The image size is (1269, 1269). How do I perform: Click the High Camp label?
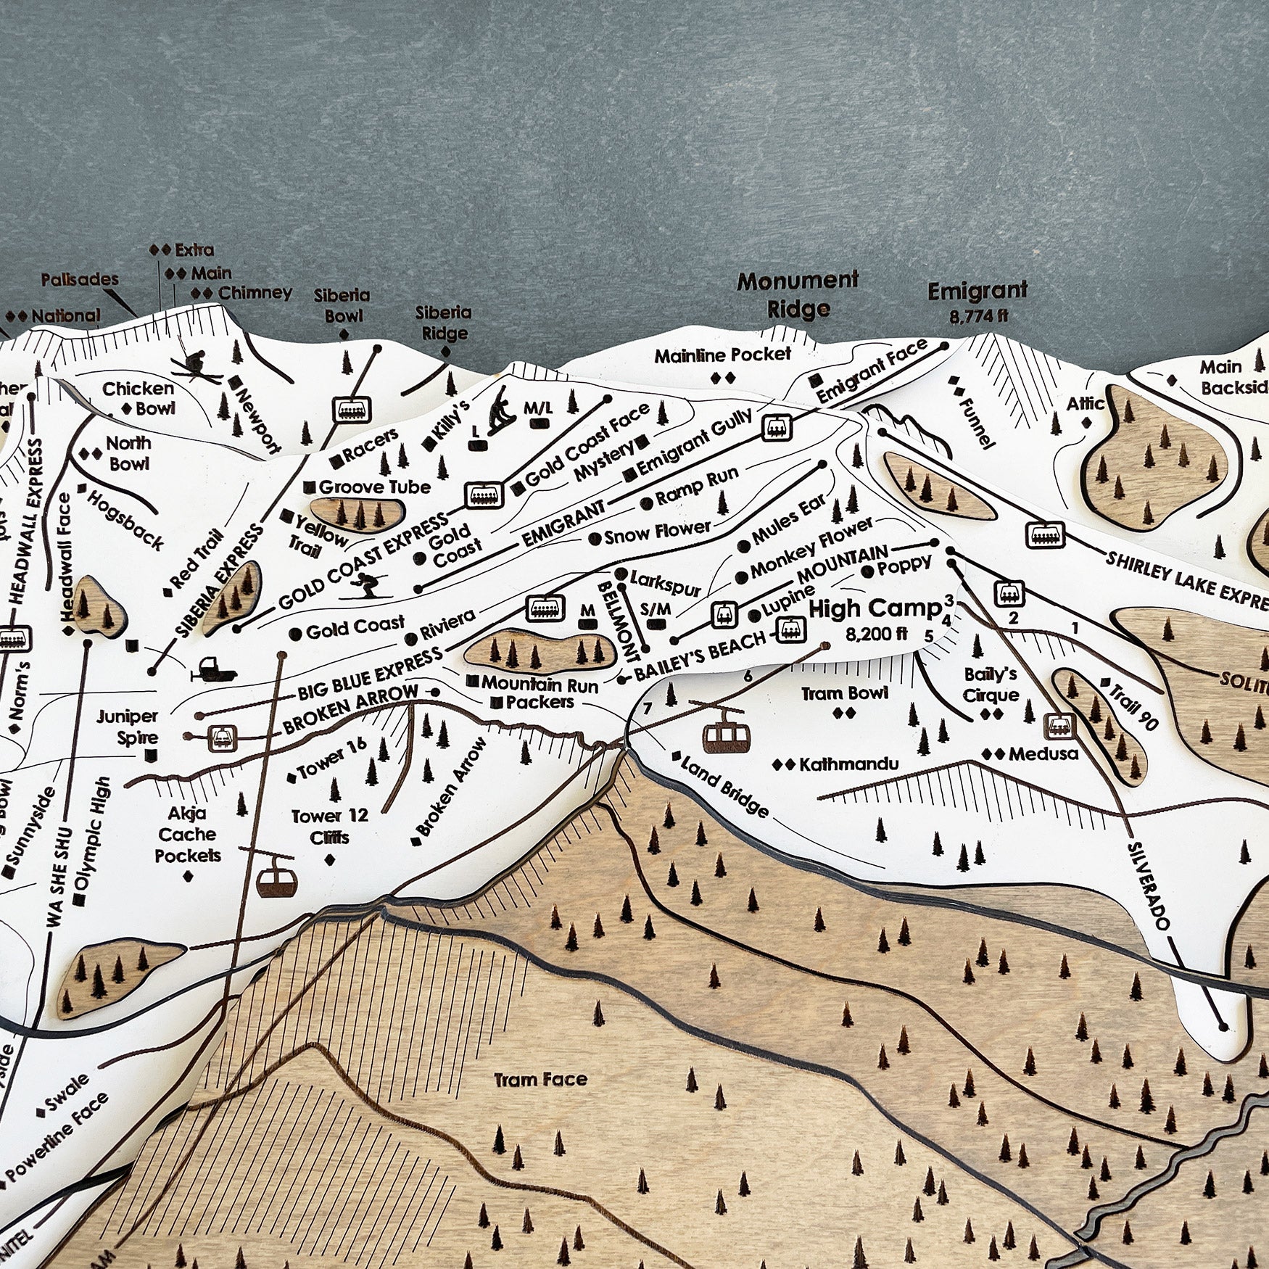(x=874, y=608)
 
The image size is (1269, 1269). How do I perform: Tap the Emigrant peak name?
(x=977, y=292)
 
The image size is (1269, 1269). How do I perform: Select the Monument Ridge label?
(x=798, y=294)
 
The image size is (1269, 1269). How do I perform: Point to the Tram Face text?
(x=540, y=1080)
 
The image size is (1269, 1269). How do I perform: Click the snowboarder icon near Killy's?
(x=500, y=411)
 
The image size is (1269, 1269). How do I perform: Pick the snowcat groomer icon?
(x=212, y=669)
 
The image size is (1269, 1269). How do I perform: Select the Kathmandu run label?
(x=848, y=764)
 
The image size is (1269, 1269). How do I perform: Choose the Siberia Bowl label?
(x=342, y=305)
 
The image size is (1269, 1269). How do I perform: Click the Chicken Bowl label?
(x=138, y=398)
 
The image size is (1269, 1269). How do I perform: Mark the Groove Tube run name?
(x=374, y=487)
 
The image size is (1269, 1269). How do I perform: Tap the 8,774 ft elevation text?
(x=977, y=316)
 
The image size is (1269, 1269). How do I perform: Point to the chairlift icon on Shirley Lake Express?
(x=1045, y=534)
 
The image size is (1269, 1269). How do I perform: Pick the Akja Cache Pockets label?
(x=188, y=835)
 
